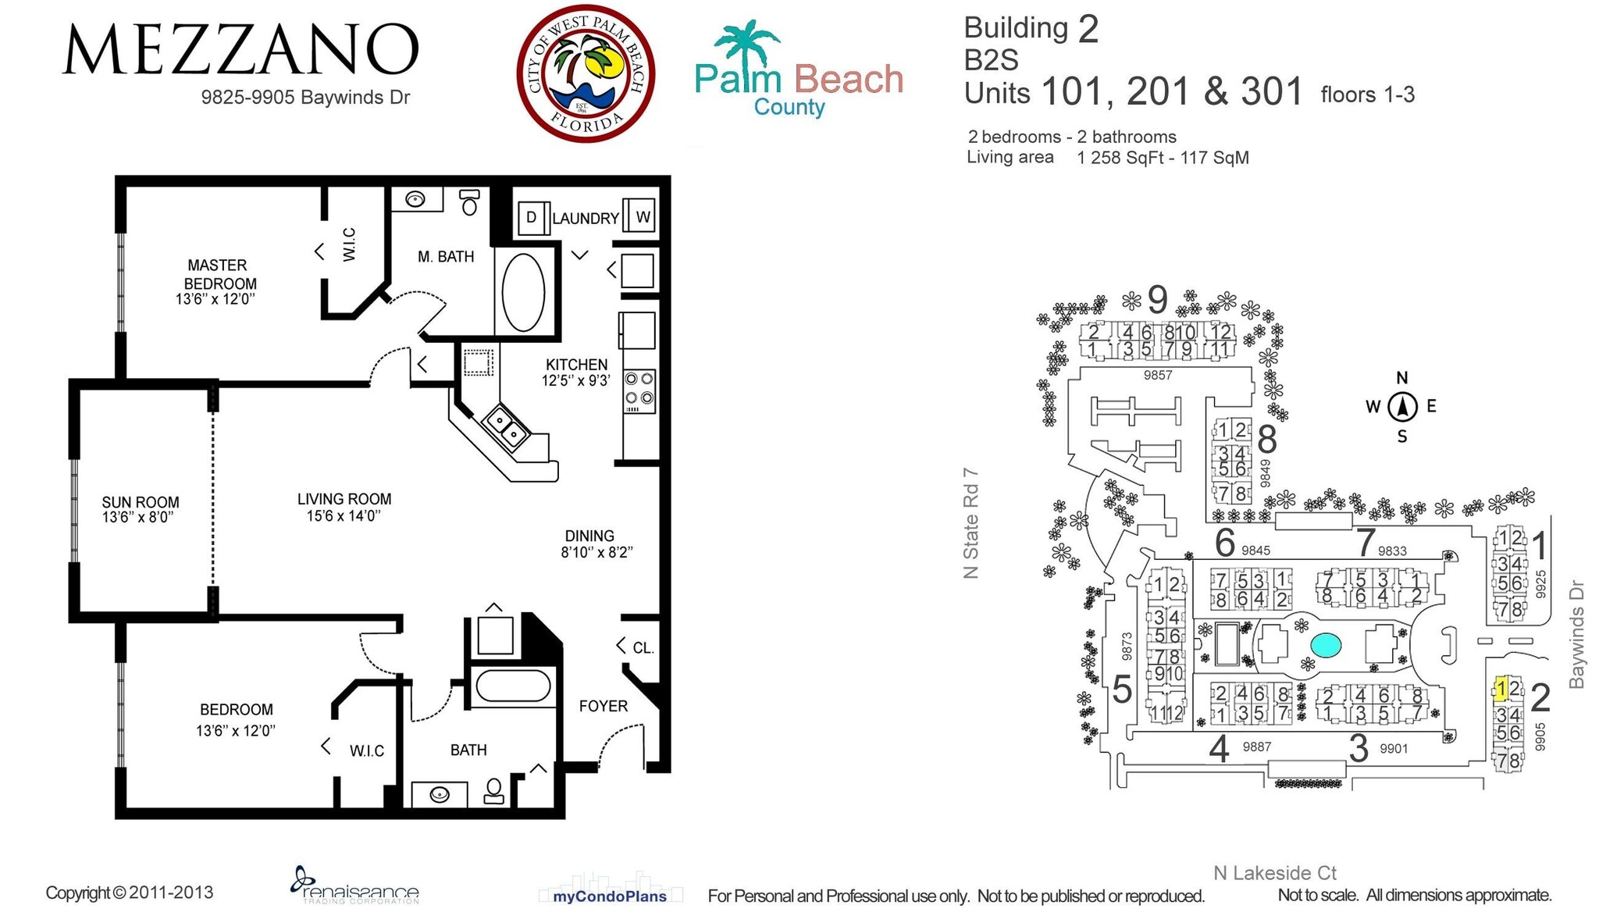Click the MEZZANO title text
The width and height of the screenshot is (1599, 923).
click(240, 50)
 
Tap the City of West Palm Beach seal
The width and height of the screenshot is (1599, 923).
click(586, 74)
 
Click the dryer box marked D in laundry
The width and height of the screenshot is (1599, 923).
click(531, 217)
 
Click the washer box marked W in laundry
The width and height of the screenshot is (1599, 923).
click(643, 216)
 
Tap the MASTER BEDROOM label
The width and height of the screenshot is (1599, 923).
click(218, 274)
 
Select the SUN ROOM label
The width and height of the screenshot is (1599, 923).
click(141, 502)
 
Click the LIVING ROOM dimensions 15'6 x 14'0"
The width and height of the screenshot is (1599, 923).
click(344, 516)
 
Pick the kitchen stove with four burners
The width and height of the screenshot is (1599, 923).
click(639, 391)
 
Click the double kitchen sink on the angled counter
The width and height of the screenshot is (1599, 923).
click(505, 427)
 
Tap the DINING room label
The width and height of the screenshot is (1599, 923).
click(589, 536)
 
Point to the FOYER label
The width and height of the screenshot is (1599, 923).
click(603, 706)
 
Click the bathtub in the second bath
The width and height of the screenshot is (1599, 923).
click(512, 686)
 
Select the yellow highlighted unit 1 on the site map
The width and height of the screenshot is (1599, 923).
click(1500, 690)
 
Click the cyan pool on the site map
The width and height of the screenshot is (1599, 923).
click(1326, 645)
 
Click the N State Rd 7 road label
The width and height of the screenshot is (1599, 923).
click(970, 523)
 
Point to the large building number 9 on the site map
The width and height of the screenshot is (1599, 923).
click(1158, 299)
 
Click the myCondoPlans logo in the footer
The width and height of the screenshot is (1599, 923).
click(610, 896)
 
